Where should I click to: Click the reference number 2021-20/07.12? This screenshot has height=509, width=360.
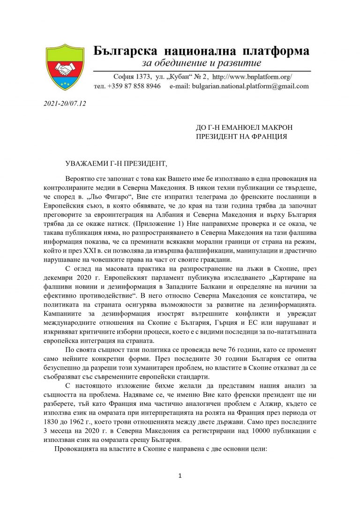click(x=65, y=103)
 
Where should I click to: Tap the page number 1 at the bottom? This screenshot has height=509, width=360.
click(x=180, y=476)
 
